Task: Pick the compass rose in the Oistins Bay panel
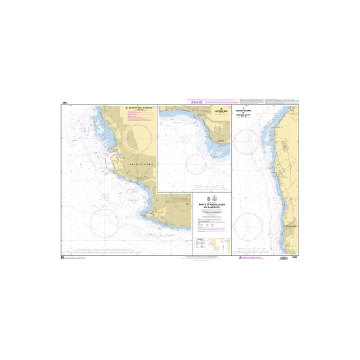(x=196, y=164)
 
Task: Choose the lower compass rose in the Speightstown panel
(x=248, y=225)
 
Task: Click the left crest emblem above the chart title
(x=208, y=198)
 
